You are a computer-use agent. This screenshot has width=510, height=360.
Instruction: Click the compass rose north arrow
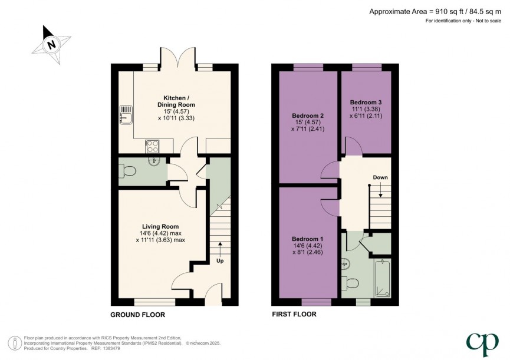pos(51,44)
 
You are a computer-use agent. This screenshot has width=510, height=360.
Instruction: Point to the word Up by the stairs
pos(221,260)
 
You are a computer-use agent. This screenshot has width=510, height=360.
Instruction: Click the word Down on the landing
pos(380,177)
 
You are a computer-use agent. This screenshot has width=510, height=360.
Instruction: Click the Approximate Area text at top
pos(436,11)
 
